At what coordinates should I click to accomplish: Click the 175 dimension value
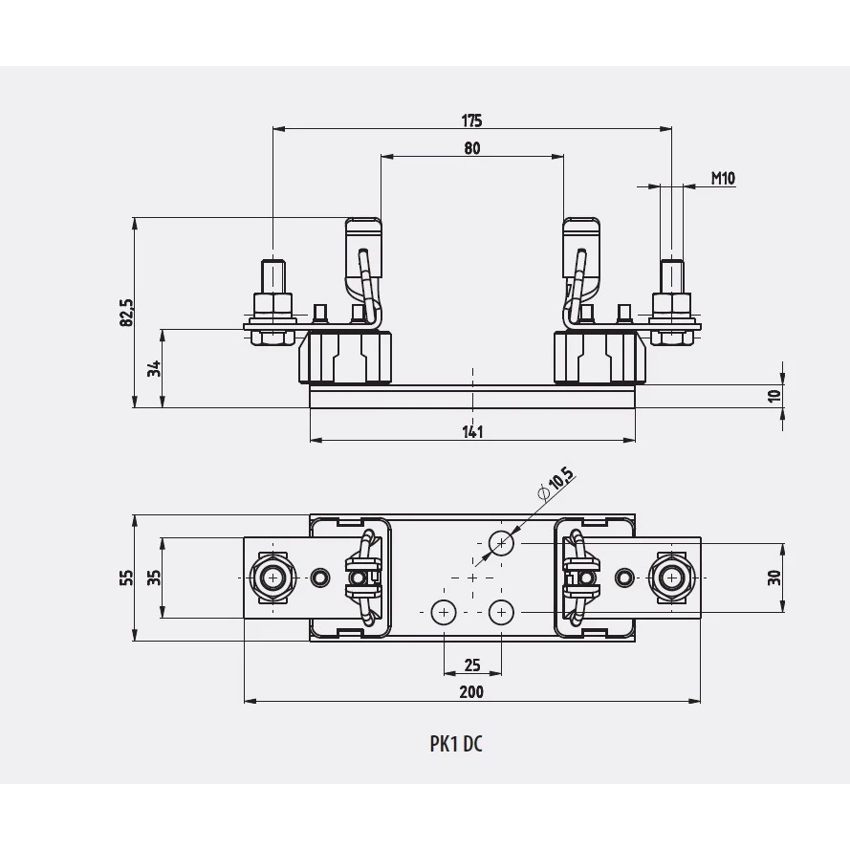(471, 120)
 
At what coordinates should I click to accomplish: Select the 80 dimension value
(472, 148)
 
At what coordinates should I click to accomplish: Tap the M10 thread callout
(723, 178)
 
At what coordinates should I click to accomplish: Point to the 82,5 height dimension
(126, 313)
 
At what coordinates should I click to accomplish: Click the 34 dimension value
(155, 369)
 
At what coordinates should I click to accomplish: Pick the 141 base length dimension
(472, 432)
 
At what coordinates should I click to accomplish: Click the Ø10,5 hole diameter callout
(556, 483)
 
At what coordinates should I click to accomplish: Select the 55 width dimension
(126, 578)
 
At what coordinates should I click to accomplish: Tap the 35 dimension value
(155, 578)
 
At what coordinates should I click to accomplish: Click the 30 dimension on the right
(774, 578)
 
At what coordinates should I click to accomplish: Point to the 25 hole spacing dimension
(472, 665)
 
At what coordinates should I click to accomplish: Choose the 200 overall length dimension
(471, 692)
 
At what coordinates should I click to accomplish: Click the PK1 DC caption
(456, 744)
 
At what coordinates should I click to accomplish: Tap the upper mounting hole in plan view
(501, 543)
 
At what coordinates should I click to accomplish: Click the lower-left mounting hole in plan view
(444, 613)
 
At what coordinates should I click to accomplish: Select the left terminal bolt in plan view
(272, 578)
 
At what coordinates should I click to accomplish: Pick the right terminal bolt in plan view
(672, 578)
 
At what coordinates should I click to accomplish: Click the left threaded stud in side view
(273, 276)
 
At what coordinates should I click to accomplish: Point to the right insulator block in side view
(599, 358)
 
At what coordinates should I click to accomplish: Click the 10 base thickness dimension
(774, 396)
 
